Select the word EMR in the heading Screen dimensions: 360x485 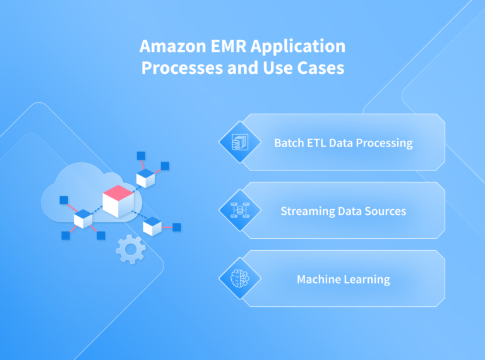(x=218, y=47)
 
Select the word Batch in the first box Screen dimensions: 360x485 (x=289, y=143)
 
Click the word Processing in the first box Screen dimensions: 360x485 (x=385, y=143)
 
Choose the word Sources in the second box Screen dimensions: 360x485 (x=385, y=211)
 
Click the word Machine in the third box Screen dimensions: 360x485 (x=318, y=279)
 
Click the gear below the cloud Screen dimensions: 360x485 (x=131, y=249)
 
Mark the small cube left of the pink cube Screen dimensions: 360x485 (x=83, y=219)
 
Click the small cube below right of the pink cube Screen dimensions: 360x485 (x=152, y=225)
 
